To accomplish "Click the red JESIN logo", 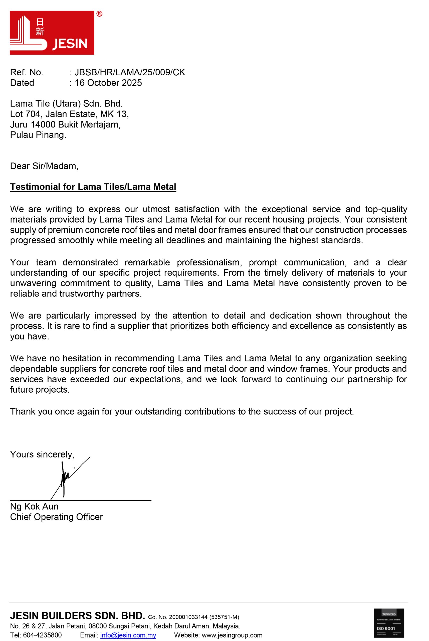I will (52, 33).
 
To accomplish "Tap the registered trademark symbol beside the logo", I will (99, 14).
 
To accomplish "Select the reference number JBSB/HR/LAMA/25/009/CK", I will (130, 72).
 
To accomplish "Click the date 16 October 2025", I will (108, 83).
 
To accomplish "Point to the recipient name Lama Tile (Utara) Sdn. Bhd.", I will (66, 103).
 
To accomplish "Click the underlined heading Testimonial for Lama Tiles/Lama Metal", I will (93, 187).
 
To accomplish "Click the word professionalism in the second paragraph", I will (209, 262).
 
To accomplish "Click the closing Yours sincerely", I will (42, 454).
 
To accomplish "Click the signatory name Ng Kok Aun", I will (34, 506).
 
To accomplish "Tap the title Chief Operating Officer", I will (56, 517).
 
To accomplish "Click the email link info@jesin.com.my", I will (128, 635).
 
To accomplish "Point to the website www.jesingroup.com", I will (232, 635).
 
